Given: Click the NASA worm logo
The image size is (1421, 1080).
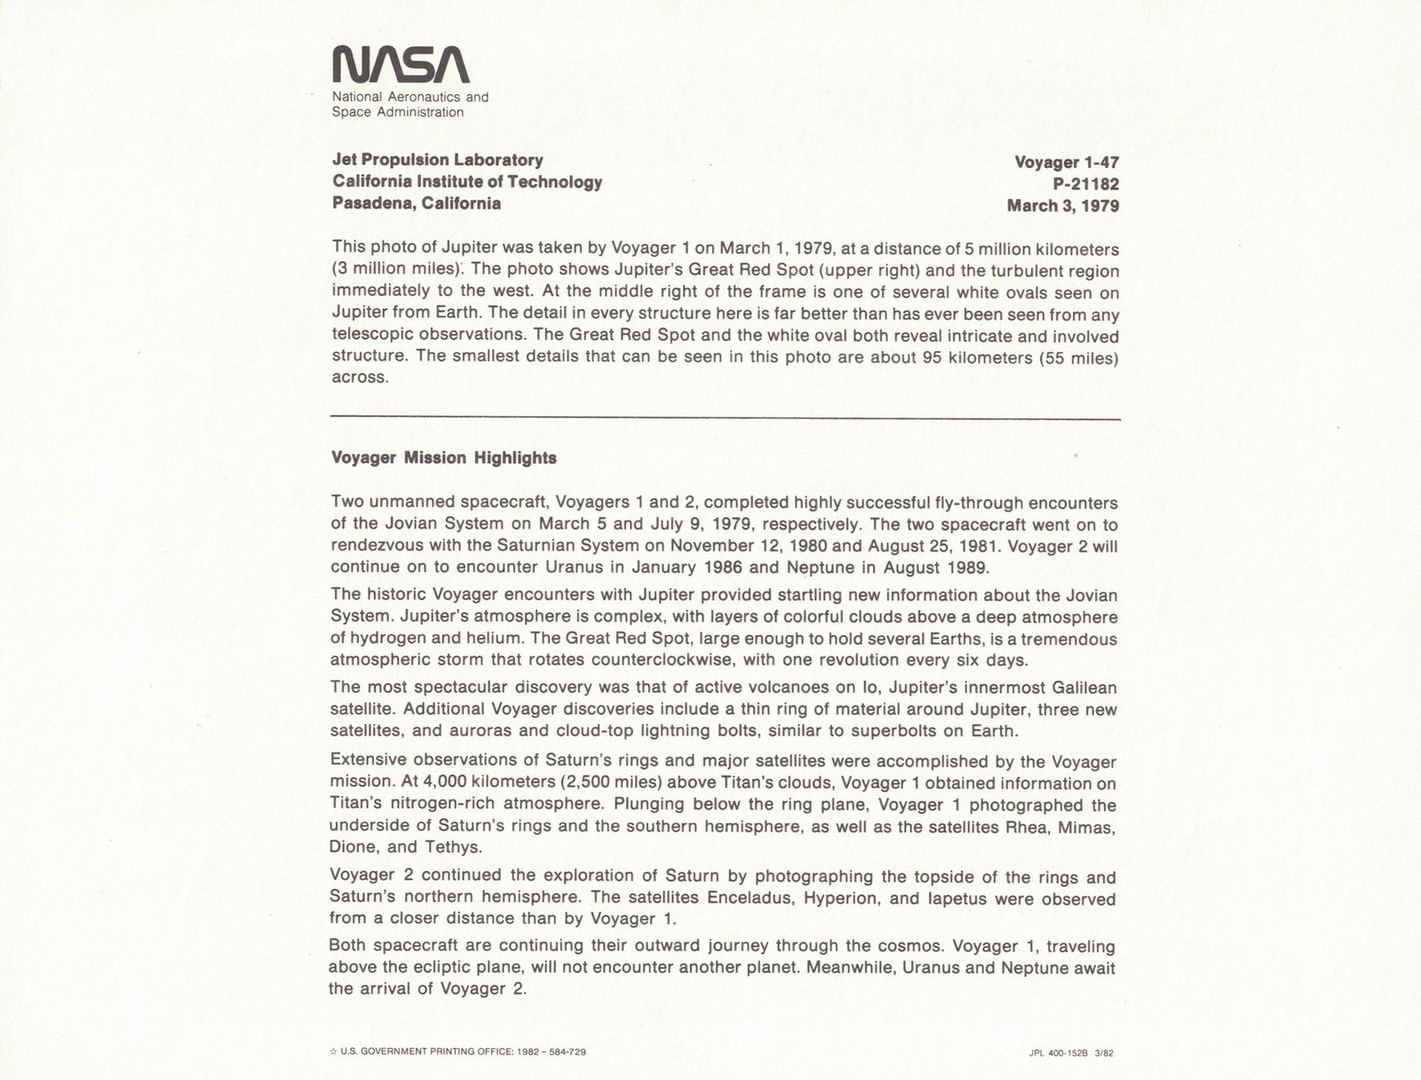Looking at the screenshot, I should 400,66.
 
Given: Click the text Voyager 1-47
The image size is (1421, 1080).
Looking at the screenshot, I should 1066,163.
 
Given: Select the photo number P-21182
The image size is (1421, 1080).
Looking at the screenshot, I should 1080,185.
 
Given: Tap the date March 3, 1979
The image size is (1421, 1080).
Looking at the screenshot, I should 1062,206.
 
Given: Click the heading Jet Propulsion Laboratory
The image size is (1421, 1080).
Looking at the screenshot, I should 437,160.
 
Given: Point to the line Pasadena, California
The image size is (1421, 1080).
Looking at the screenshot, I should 417,203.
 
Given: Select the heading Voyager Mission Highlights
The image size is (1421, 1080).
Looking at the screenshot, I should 443,458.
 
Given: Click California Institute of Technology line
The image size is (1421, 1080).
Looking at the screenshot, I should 467,182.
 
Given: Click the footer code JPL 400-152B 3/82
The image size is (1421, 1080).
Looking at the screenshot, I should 1070,1053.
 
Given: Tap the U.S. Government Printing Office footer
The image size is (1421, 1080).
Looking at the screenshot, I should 458,1052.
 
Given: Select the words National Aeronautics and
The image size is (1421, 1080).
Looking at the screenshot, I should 410,97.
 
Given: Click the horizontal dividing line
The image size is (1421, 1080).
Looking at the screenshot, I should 725,418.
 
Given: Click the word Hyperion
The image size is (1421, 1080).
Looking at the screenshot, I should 842,899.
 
